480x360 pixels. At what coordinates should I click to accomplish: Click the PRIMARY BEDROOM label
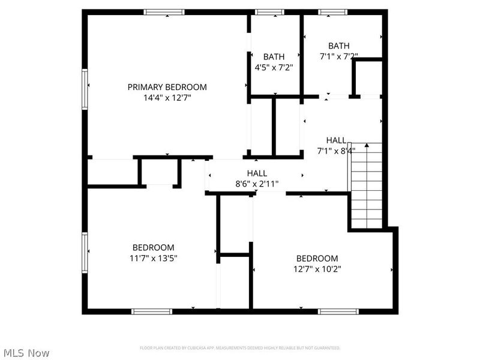click(x=167, y=87)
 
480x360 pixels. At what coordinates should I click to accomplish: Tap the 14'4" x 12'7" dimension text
click(x=167, y=97)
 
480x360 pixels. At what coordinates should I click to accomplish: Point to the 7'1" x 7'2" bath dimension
click(x=338, y=56)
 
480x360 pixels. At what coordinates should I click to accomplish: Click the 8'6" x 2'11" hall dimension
click(x=257, y=184)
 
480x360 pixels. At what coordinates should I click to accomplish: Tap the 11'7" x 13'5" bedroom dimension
click(x=154, y=257)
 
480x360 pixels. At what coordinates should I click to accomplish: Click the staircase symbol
click(x=366, y=186)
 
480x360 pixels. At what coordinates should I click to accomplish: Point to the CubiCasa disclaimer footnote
click(x=240, y=348)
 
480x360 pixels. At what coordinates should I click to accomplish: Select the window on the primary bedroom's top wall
click(x=164, y=11)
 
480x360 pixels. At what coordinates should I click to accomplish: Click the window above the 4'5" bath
click(x=270, y=11)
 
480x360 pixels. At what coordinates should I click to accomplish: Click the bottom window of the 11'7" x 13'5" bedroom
click(x=152, y=311)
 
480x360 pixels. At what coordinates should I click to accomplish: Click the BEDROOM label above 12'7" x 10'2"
click(x=317, y=259)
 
